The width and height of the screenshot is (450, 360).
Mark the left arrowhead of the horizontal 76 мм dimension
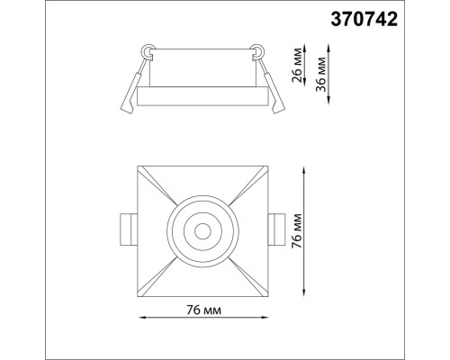(x=140, y=317)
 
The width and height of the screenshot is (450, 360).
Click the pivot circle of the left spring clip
(x=148, y=49)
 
